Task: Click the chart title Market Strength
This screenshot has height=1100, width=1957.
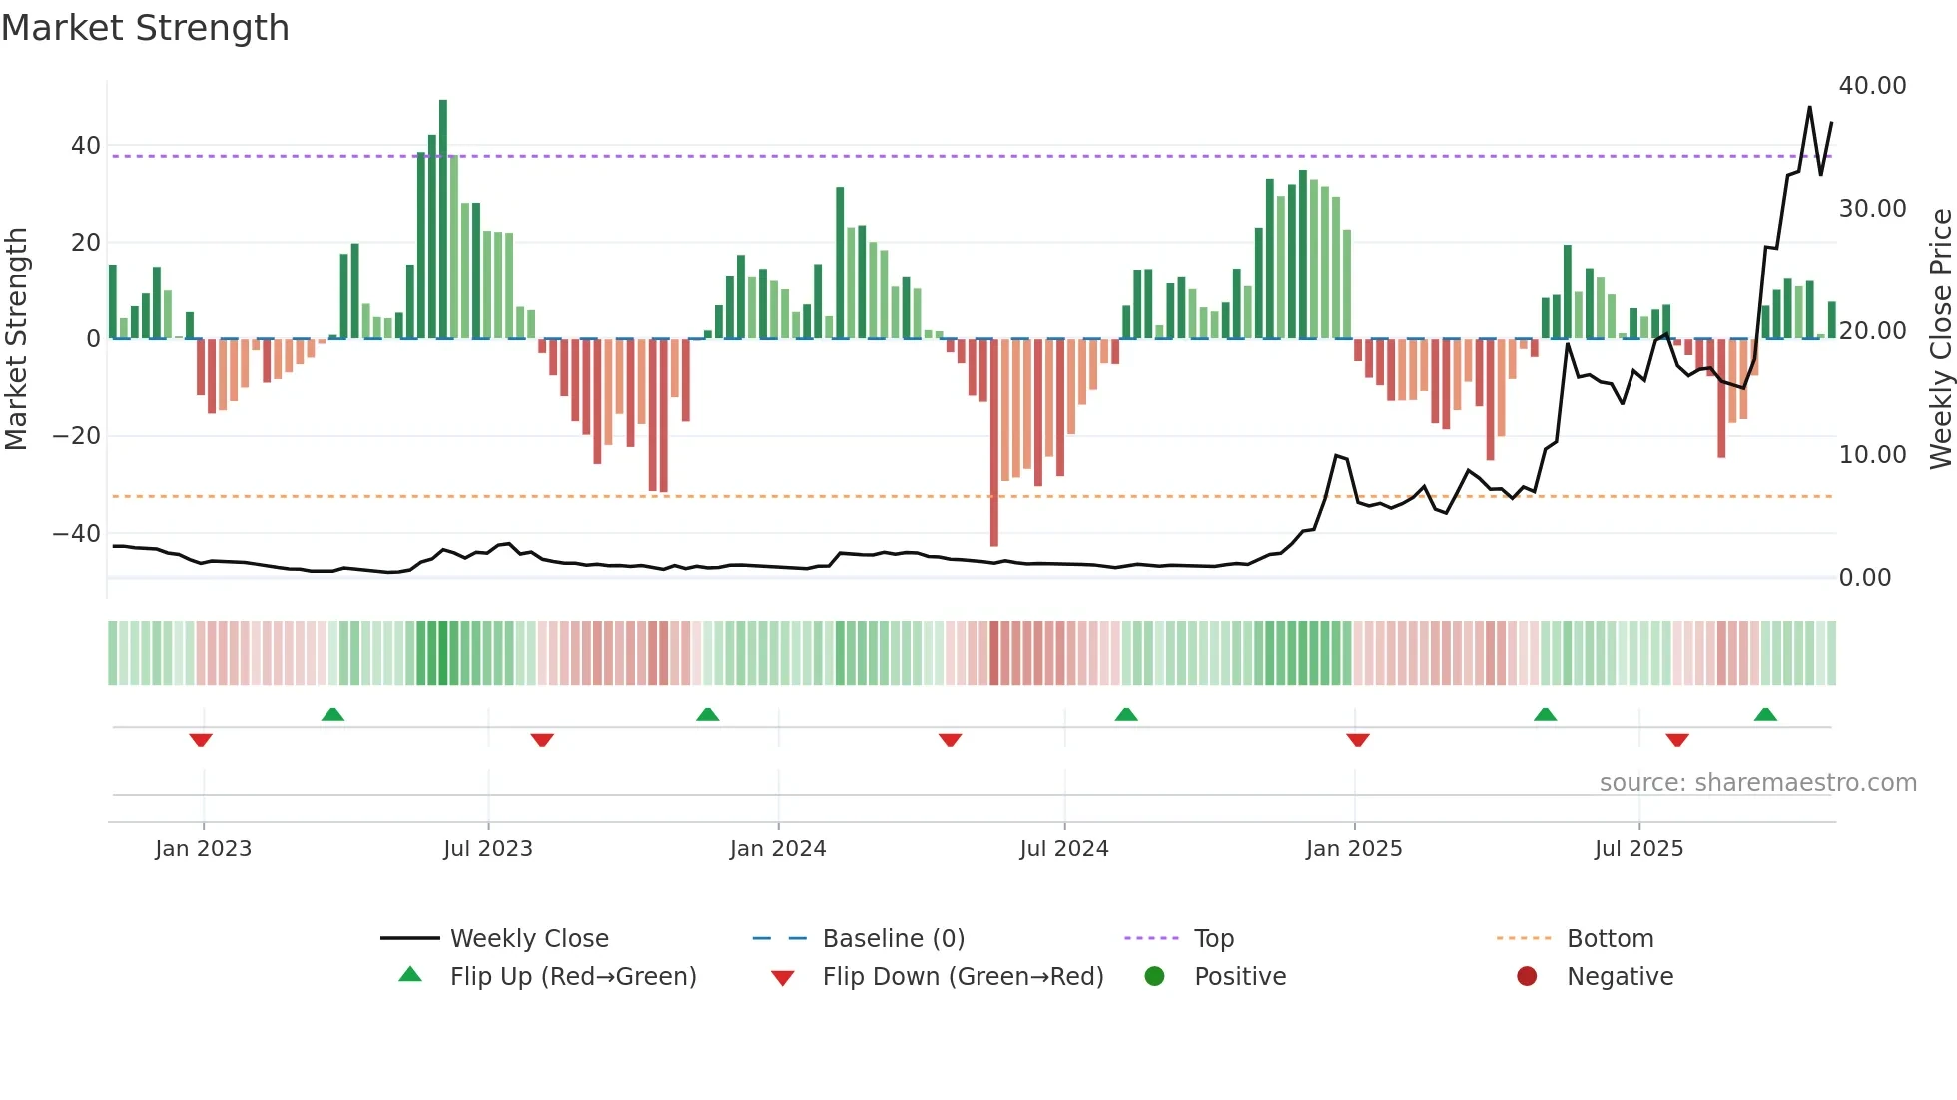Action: point(145,28)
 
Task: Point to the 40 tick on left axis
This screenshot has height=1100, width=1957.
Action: point(86,146)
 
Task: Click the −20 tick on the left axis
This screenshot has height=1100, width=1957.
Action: point(77,436)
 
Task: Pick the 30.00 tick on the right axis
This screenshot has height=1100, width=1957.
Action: point(1872,209)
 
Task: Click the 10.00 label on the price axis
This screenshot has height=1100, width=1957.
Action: point(1872,455)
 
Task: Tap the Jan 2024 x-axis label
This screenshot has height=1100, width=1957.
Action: point(778,849)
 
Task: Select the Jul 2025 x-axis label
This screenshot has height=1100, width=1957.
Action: point(1638,849)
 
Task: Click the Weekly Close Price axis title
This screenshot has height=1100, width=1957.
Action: point(1940,339)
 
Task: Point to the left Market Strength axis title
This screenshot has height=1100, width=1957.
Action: point(16,339)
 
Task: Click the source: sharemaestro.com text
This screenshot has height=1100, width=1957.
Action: point(1757,783)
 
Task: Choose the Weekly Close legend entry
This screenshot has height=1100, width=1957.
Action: point(529,939)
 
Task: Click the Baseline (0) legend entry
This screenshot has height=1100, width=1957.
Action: point(893,939)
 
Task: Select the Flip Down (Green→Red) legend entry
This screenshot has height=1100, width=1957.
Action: point(963,977)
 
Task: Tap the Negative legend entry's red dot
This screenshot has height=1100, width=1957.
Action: point(1527,977)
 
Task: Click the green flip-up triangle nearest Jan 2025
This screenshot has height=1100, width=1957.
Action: point(1126,714)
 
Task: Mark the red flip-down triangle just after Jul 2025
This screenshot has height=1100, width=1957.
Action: point(1677,740)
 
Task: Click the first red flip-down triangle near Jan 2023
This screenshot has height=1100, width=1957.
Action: point(201,740)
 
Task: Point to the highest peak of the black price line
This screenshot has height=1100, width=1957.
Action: point(1809,107)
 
